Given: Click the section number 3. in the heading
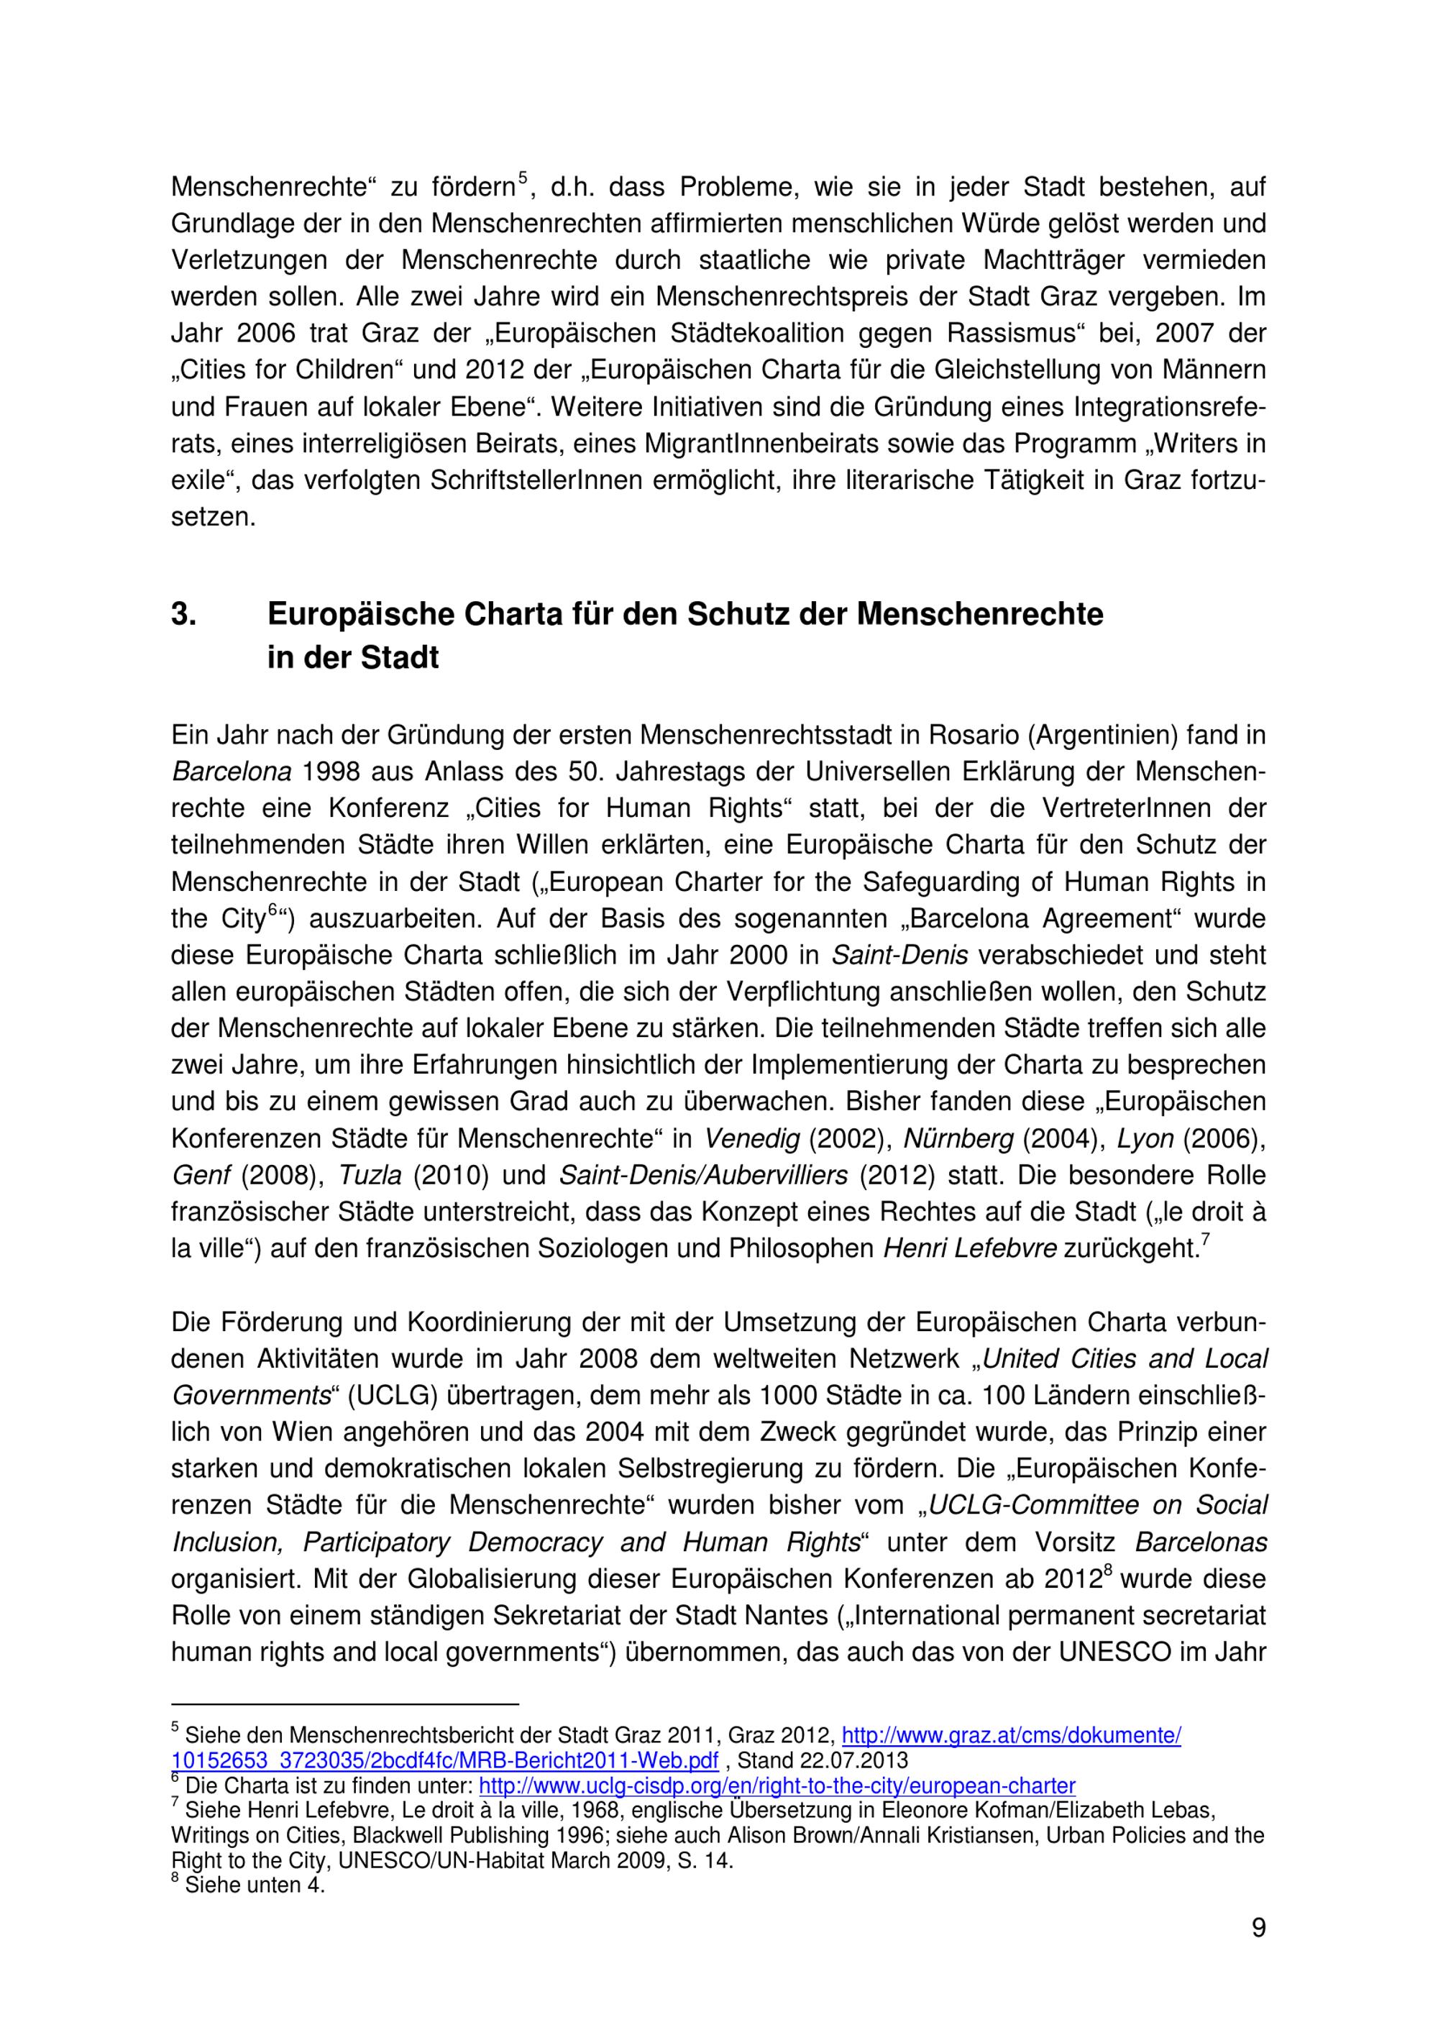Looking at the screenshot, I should [183, 614].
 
